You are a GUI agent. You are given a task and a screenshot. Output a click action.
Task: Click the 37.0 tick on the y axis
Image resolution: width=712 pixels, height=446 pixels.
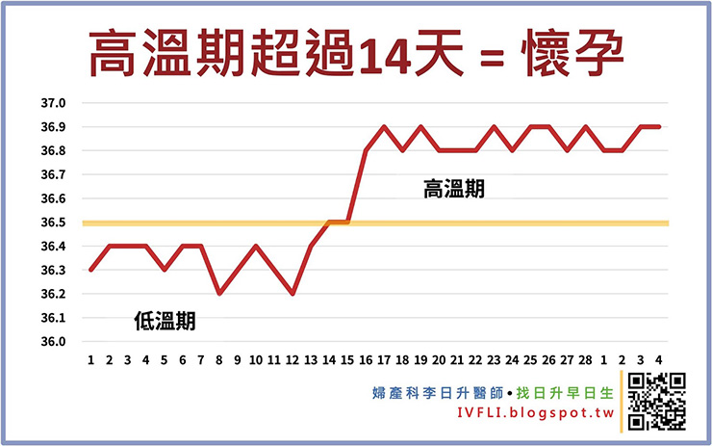click(53, 103)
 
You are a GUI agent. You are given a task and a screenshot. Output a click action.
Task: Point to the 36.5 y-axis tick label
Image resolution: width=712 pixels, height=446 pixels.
click(53, 223)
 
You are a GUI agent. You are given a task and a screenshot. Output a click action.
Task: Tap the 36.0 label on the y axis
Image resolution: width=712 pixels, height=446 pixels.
click(53, 342)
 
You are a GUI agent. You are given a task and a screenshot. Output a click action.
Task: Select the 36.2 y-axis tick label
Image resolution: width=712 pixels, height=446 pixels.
click(53, 294)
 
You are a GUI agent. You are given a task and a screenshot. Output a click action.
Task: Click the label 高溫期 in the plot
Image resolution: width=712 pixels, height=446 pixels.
click(454, 190)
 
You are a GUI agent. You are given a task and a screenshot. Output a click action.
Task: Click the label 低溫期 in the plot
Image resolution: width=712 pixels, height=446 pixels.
click(165, 322)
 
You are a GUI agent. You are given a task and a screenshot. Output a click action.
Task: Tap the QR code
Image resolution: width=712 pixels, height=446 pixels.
click(656, 400)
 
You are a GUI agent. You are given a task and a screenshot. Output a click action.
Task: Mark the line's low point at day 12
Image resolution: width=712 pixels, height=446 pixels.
click(292, 294)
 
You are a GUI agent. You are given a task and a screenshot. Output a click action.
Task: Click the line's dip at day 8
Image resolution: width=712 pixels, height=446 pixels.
click(219, 294)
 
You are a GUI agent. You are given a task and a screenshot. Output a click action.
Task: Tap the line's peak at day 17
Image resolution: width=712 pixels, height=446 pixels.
click(384, 126)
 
